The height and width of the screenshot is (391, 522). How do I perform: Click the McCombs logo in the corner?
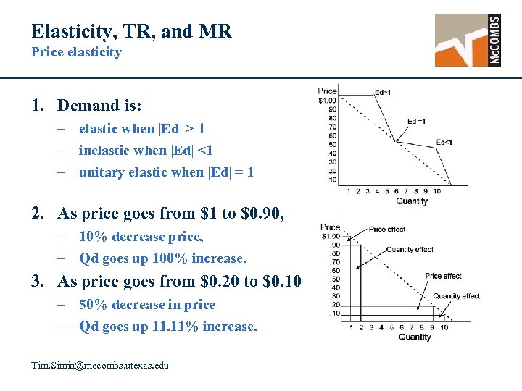point(468,40)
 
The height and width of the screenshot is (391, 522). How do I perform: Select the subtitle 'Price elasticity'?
point(76,52)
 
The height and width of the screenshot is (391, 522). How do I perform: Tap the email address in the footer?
point(100,365)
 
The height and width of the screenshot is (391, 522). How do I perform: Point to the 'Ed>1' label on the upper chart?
point(383,92)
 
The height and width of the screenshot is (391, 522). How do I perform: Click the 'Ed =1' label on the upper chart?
point(416,121)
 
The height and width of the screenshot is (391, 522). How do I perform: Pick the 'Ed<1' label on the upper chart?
point(444,142)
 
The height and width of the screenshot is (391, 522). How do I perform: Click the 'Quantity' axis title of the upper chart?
point(412,201)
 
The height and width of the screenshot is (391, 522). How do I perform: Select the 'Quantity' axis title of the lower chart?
point(415,337)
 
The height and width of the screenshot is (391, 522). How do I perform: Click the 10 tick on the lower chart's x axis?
point(443,327)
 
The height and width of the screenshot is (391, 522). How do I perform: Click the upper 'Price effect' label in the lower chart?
point(387,230)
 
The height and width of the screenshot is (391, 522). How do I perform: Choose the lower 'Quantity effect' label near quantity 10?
point(457,295)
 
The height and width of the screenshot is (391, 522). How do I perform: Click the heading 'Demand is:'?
point(99,106)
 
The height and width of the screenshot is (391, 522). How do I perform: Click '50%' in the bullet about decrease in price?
point(92,305)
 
